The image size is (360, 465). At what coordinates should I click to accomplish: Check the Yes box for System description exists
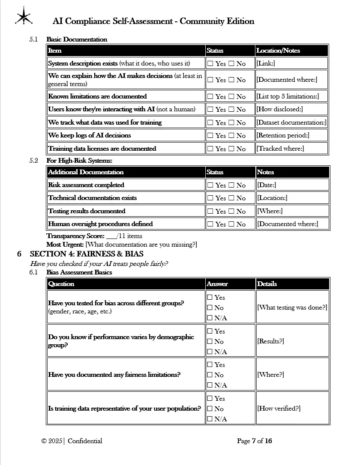click(x=210, y=63)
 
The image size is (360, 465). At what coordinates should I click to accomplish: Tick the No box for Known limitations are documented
click(x=231, y=96)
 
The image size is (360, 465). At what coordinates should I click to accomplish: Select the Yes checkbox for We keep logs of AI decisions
click(x=210, y=135)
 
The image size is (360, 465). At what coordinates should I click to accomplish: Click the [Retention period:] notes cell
click(x=282, y=135)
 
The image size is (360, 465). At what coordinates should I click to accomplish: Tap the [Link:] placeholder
click(x=266, y=63)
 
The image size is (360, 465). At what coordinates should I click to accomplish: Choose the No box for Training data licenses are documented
click(x=231, y=149)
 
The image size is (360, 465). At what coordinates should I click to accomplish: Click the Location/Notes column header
click(x=278, y=51)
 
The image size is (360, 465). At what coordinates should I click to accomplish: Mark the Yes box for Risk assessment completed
click(x=210, y=185)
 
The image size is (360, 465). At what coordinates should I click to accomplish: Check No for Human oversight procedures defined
click(x=231, y=224)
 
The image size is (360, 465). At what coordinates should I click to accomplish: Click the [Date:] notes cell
click(x=267, y=185)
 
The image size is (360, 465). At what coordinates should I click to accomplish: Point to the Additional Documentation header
click(x=86, y=172)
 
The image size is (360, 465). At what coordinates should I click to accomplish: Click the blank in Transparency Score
click(x=111, y=236)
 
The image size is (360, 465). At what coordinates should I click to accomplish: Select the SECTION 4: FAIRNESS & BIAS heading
click(x=87, y=254)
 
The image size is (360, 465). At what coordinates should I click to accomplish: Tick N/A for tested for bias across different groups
click(x=210, y=318)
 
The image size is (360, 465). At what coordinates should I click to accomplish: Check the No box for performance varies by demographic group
click(x=210, y=341)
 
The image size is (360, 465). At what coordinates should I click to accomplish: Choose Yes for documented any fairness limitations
click(x=210, y=364)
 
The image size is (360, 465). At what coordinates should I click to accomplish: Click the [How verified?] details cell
click(x=279, y=408)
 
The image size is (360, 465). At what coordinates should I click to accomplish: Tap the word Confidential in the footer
click(x=85, y=441)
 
